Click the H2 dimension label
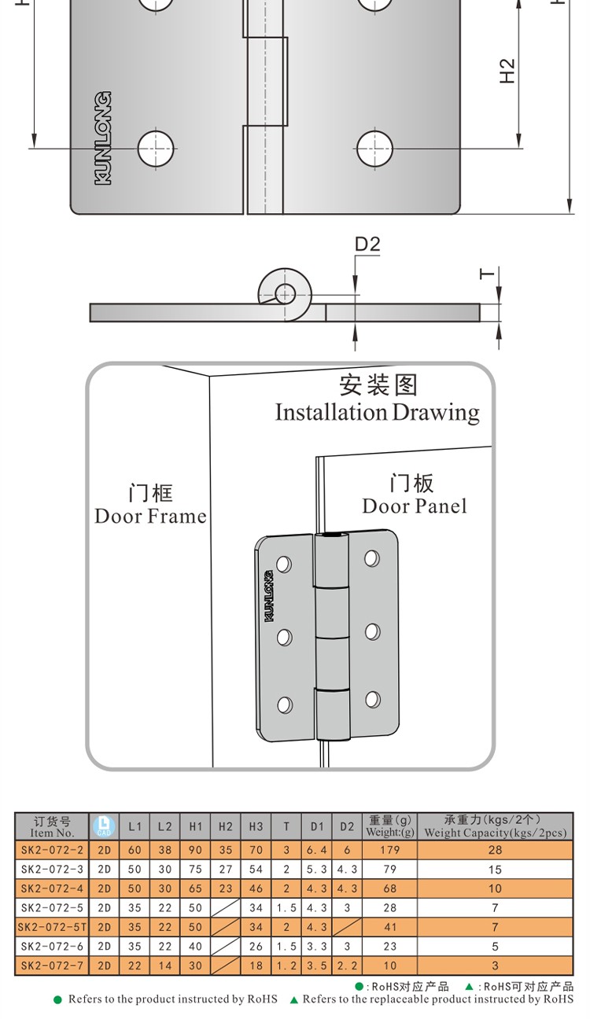[x=507, y=71]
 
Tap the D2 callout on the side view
[x=367, y=245]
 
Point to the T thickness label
[x=488, y=274]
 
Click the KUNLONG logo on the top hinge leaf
[x=103, y=138]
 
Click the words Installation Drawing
[x=377, y=412]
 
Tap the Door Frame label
[x=150, y=516]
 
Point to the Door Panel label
[x=414, y=506]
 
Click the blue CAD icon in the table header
[x=104, y=826]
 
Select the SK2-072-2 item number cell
[x=52, y=850]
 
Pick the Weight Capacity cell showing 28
[x=495, y=850]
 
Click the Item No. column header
[x=52, y=826]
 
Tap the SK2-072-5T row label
[x=52, y=927]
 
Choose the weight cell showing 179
[x=390, y=850]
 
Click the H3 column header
[x=256, y=826]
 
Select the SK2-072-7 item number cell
[x=52, y=966]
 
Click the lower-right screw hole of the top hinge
[x=374, y=147]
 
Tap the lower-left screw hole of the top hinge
[x=156, y=147]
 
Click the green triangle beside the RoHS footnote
[x=294, y=1000]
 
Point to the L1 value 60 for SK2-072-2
[x=135, y=850]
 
